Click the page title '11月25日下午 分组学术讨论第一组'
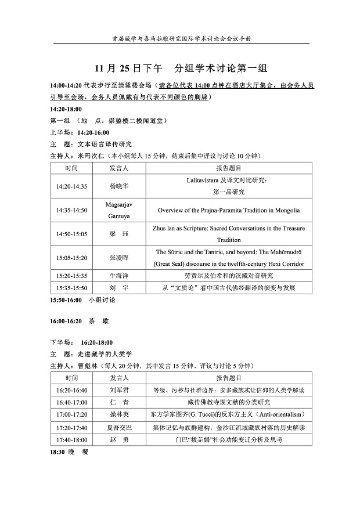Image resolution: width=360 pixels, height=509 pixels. coord(180,67)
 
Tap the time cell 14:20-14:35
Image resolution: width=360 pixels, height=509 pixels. coord(71,186)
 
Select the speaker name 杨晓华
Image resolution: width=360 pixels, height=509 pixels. coord(119,186)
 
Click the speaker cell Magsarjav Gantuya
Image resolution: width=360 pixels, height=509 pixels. coord(119,210)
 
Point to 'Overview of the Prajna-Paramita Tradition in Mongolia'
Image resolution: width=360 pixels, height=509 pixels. coord(228,210)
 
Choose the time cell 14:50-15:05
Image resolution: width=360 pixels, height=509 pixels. coord(71,234)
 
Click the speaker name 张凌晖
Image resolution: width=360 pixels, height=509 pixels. coord(119,258)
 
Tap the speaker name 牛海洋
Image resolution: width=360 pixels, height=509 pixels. coord(119,276)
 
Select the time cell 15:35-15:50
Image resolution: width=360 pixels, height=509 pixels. coord(71,288)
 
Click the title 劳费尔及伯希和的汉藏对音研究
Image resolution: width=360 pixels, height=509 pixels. coord(228,276)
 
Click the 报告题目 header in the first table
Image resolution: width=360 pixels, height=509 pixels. coord(228,168)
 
